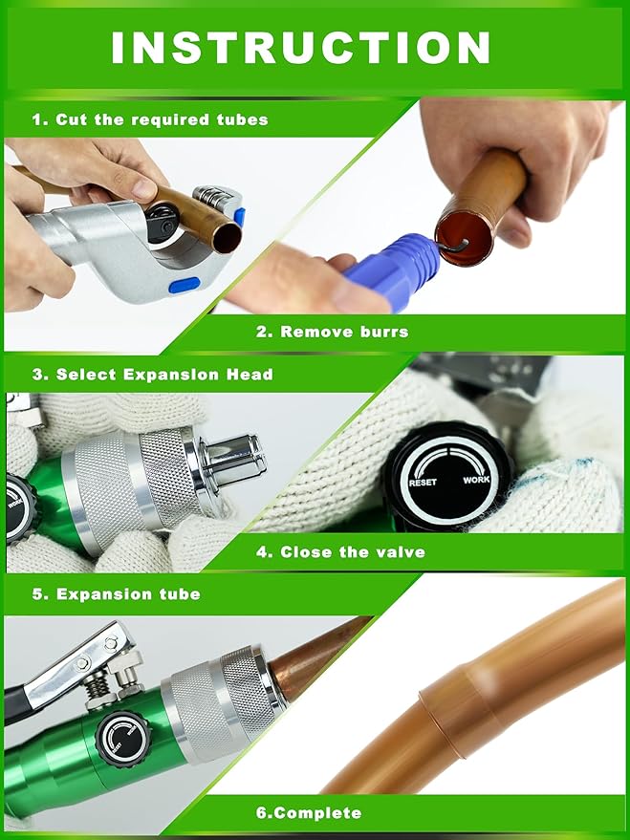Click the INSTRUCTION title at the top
(x=301, y=48)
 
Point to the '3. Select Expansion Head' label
(x=163, y=374)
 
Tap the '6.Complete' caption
(x=309, y=812)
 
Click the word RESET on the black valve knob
(x=423, y=483)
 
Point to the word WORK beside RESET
(x=478, y=481)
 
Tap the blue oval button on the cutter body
(x=185, y=285)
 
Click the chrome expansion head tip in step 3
(x=237, y=463)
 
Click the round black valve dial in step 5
(x=122, y=739)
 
